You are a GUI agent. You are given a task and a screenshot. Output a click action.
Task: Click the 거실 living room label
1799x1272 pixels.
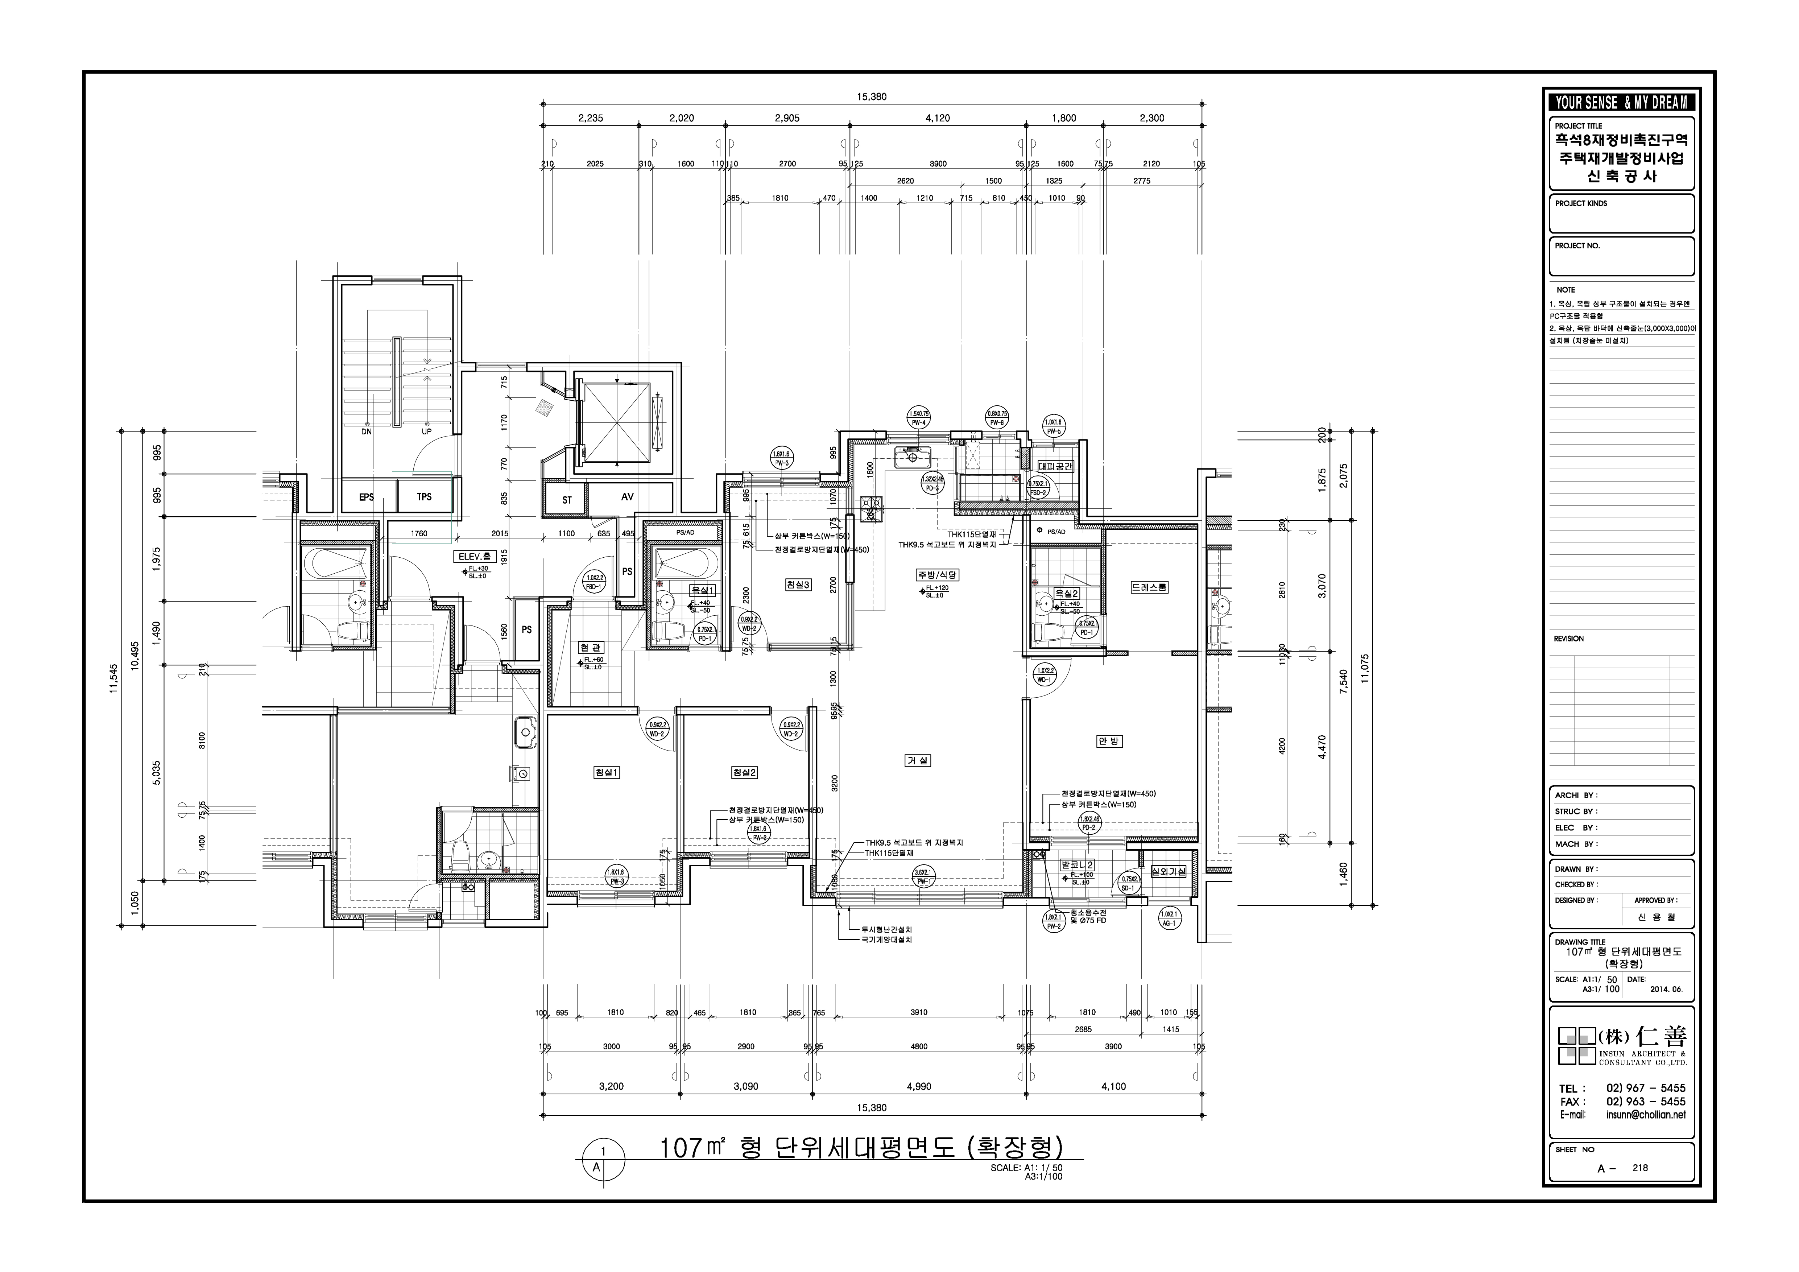(x=918, y=760)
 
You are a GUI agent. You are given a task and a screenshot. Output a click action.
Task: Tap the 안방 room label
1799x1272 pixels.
(x=1109, y=741)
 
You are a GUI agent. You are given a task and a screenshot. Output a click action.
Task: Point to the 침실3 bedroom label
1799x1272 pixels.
(x=798, y=584)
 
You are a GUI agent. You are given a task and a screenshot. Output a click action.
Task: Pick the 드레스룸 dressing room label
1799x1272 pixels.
(x=1149, y=587)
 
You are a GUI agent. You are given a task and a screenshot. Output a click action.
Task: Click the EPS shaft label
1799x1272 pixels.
(x=366, y=497)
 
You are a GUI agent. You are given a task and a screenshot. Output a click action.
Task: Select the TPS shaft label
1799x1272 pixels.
(x=424, y=497)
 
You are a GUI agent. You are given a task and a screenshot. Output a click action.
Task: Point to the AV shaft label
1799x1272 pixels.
(x=627, y=497)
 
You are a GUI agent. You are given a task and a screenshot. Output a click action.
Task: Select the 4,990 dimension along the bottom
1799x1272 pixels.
(x=918, y=1086)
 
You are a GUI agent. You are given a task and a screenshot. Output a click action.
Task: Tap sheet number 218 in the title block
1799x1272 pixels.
(x=1640, y=1189)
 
